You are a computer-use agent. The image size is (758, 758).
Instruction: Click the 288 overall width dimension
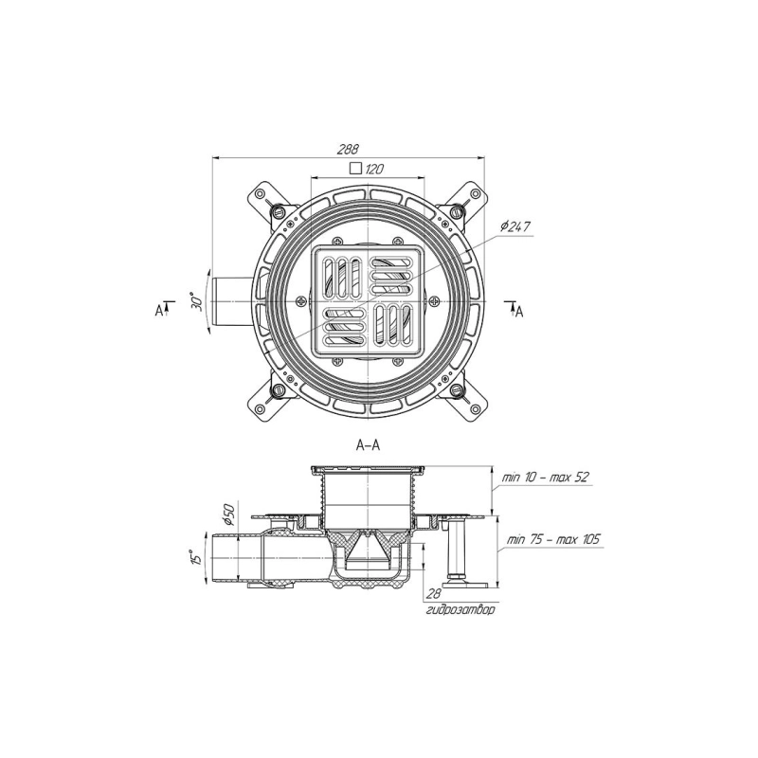tap(348, 149)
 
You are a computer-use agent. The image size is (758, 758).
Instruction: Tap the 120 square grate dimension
tap(374, 169)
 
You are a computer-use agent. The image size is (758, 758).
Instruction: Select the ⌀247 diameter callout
tap(515, 226)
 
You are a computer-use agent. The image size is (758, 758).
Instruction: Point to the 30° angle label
tap(196, 301)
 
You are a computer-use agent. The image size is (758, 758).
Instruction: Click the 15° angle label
tap(196, 557)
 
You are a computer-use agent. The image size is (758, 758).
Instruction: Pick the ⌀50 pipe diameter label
tap(228, 515)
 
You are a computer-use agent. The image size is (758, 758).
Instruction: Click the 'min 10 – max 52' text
tap(546, 478)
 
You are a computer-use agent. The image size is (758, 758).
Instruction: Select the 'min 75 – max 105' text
tap(553, 538)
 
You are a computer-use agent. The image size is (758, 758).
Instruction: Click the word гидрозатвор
tap(460, 610)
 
